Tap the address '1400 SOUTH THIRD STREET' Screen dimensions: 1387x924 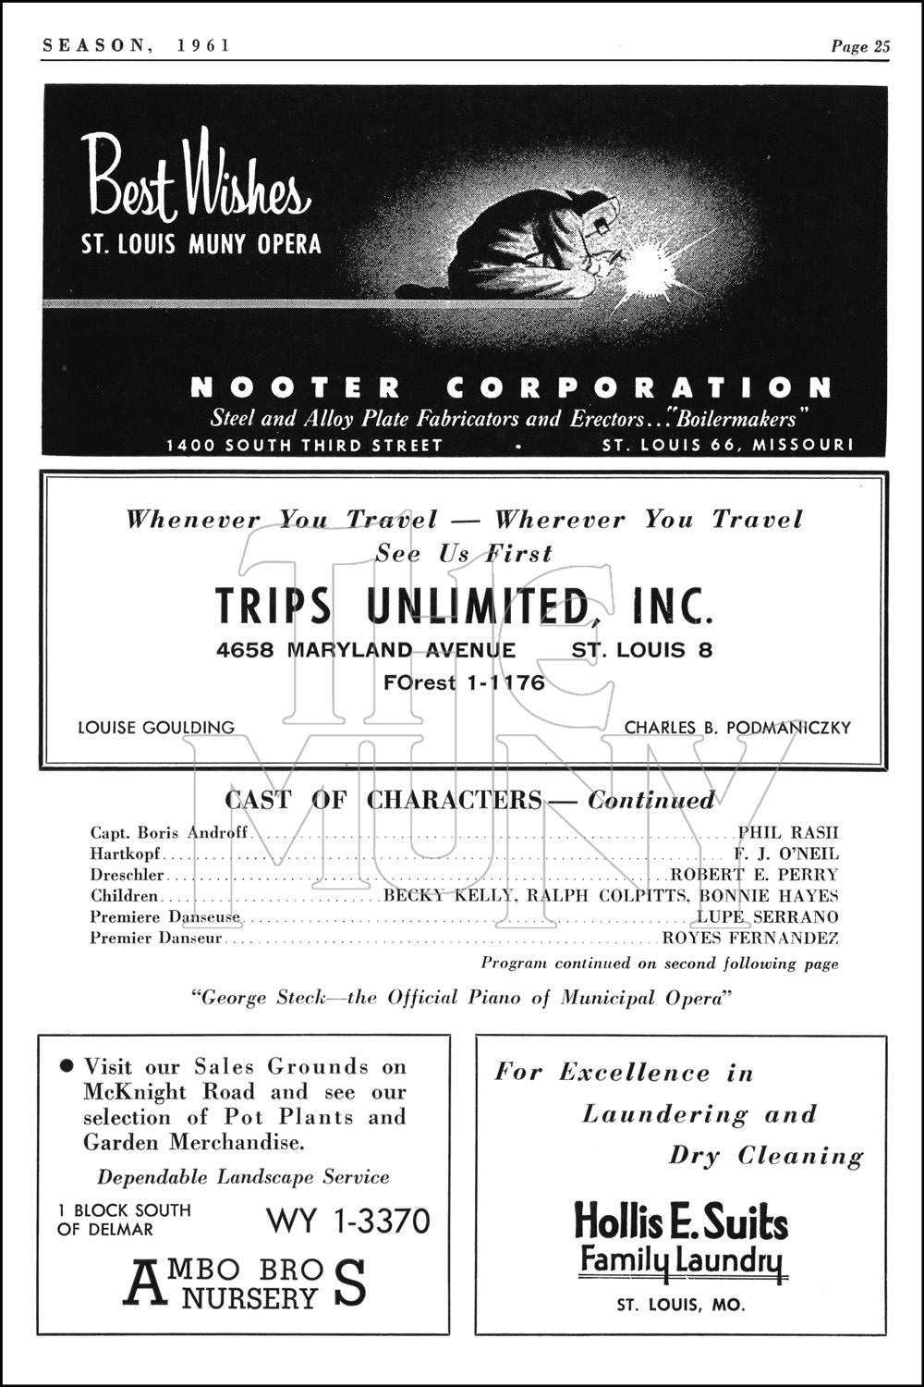pyautogui.click(x=304, y=445)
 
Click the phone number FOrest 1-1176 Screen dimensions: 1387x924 pyautogui.click(x=464, y=683)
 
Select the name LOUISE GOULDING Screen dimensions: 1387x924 pyautogui.click(x=156, y=728)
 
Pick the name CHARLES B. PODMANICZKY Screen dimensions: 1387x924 pyautogui.click(x=737, y=728)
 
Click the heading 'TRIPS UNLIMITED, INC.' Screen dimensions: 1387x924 pyautogui.click(x=464, y=607)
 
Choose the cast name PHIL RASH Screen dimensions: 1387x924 pyautogui.click(x=788, y=832)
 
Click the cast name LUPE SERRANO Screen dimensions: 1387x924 pyautogui.click(x=767, y=917)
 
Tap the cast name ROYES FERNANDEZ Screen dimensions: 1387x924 pyautogui.click(x=750, y=939)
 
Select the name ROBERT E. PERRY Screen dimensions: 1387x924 pyautogui.click(x=754, y=875)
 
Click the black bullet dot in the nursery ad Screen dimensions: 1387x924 pyautogui.click(x=66, y=1066)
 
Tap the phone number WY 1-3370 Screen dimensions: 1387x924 pyautogui.click(x=348, y=1221)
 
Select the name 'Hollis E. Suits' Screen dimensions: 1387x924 pyautogui.click(x=681, y=1221)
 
